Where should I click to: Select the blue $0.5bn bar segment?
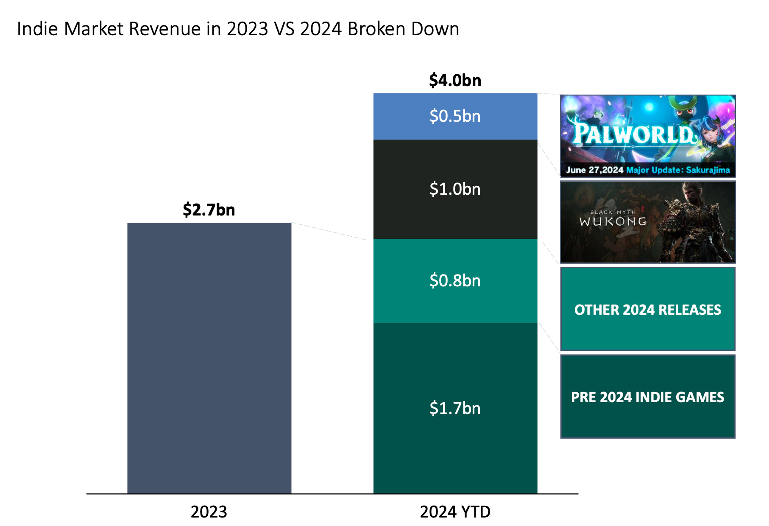click(455, 116)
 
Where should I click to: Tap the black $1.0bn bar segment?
click(455, 189)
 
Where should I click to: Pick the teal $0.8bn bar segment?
click(455, 281)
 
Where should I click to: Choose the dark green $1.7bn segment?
click(455, 408)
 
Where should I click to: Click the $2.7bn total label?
click(209, 210)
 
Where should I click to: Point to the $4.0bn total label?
click(455, 80)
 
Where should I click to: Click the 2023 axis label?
click(209, 512)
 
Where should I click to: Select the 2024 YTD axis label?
click(455, 512)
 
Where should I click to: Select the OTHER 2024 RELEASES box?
click(647, 309)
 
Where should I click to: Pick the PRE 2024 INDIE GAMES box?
click(647, 397)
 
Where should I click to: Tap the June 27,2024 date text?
click(594, 170)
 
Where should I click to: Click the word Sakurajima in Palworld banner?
click(708, 170)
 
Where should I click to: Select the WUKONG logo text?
click(613, 221)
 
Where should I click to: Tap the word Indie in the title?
click(37, 29)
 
